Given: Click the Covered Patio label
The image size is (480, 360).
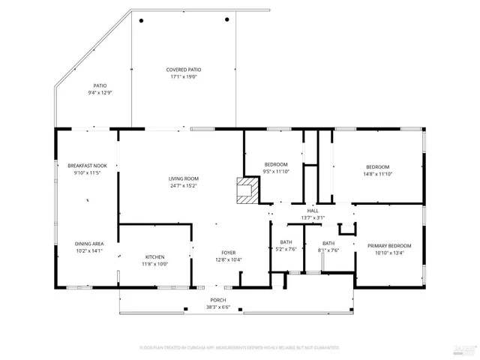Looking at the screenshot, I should point(184,70).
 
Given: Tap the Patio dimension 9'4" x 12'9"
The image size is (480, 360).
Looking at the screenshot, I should point(100,93).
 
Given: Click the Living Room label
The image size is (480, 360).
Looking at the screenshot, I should point(182,178).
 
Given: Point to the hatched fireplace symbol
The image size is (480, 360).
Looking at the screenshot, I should point(246,190).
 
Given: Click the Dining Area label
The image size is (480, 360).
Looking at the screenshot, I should point(88,244).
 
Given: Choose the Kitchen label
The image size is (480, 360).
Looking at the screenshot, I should point(154,257).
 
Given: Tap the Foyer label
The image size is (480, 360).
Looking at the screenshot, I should point(228,253).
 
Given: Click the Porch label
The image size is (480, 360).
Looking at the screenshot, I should point(217,301).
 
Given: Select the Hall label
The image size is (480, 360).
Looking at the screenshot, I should point(313,211).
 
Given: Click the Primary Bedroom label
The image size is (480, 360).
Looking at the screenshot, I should point(388,246).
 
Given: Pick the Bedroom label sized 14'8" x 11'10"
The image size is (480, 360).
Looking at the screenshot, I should point(377,166).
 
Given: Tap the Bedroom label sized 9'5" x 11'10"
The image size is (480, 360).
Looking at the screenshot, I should point(276,164).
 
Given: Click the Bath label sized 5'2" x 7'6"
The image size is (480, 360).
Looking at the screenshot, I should point(286,243).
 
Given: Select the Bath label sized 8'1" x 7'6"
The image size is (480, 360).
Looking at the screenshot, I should point(328,243).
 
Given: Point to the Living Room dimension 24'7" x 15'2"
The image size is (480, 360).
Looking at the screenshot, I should point(182,186).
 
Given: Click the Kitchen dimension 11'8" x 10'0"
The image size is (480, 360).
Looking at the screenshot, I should point(154,264).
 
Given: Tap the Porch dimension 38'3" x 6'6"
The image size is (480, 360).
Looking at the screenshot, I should point(217,307).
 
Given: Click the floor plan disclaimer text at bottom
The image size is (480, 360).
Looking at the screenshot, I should point(239,348).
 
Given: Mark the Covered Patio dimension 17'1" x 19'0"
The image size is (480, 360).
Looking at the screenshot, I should point(184,76).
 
